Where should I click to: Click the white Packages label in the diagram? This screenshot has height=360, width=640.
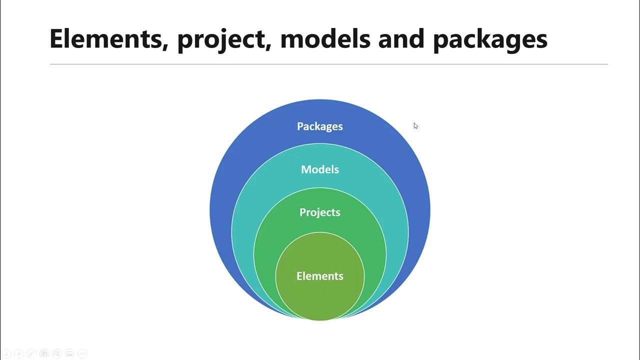(319, 126)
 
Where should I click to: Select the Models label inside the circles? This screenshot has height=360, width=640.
(319, 169)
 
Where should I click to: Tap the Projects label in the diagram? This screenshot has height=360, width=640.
(319, 212)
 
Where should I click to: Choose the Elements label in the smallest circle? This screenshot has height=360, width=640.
(319, 276)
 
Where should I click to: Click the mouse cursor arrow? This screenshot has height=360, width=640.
(415, 125)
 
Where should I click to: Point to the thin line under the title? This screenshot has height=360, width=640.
(328, 64)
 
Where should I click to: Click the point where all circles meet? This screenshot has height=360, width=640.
(320, 319)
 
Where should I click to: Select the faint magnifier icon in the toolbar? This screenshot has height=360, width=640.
(56, 353)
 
